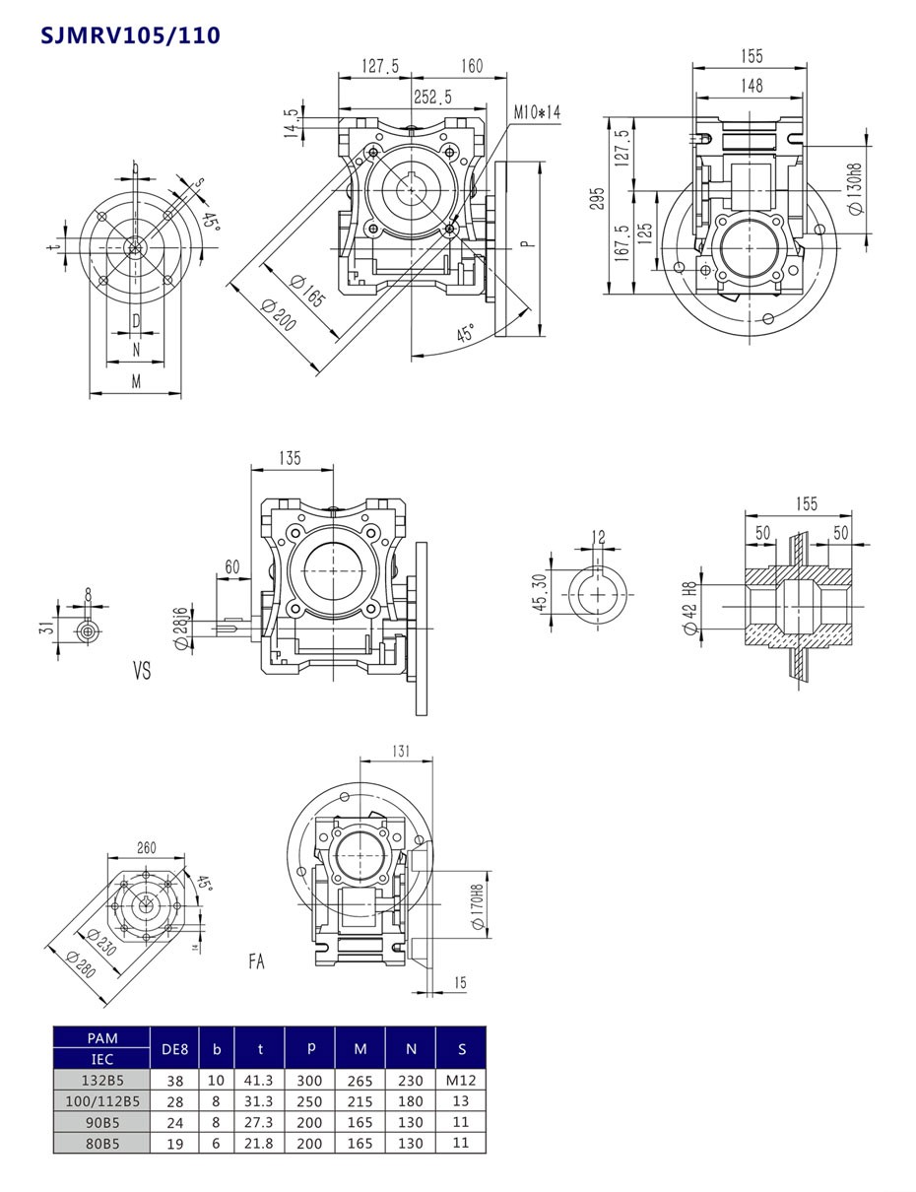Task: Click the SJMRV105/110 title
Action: click(130, 36)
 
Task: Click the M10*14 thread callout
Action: click(537, 113)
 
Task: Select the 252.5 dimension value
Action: click(432, 97)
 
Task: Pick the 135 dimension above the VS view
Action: click(290, 459)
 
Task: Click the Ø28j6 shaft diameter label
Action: click(181, 628)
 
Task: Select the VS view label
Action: click(142, 671)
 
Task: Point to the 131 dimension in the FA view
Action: click(400, 751)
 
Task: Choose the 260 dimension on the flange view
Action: click(146, 848)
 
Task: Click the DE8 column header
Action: click(174, 1049)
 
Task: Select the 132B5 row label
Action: click(101, 1081)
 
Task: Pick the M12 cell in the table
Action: click(460, 1081)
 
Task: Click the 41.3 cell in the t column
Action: click(260, 1081)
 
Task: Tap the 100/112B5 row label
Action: click(101, 1101)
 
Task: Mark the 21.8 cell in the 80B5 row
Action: click(260, 1143)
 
